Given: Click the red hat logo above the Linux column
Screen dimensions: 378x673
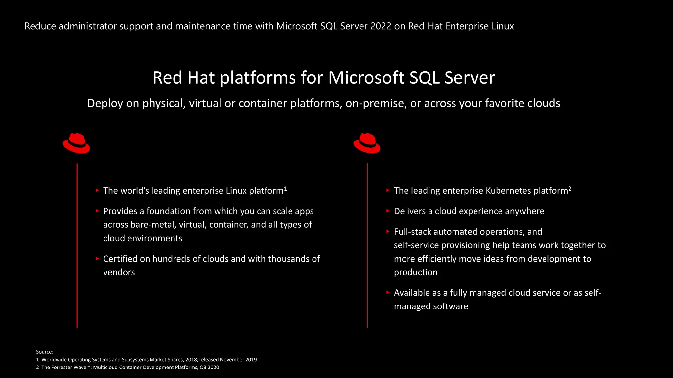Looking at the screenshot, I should (76, 143).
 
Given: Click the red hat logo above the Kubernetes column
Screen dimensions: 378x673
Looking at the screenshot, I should (367, 143).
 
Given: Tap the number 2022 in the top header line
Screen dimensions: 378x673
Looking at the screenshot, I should (381, 26).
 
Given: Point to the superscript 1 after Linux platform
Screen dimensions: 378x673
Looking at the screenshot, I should (286, 188).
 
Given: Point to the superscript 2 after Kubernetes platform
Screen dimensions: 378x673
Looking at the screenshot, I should (570, 188).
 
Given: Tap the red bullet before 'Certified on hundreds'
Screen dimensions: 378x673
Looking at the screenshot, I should (97, 259).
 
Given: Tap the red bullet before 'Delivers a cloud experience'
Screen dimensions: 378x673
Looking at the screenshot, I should (388, 211).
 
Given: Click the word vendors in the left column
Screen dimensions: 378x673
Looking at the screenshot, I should (119, 272).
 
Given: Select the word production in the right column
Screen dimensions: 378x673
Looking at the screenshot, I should (416, 272).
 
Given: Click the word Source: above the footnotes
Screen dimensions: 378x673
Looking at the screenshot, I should (45, 352).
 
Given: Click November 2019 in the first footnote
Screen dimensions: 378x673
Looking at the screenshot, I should (238, 360).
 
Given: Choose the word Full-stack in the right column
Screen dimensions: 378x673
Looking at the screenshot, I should (413, 232).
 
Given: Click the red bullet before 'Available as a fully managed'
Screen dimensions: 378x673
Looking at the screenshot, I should (388, 292).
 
